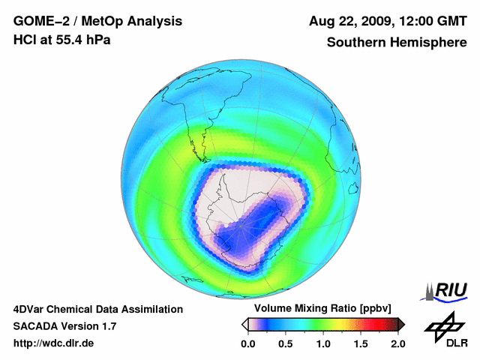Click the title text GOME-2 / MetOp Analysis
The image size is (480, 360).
(x=87, y=21)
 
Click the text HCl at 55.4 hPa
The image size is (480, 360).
(x=61, y=39)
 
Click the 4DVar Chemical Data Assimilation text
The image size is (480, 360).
(x=98, y=309)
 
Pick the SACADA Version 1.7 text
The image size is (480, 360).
(x=64, y=326)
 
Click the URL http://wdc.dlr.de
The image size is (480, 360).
(x=54, y=343)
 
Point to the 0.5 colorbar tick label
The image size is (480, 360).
(x=285, y=343)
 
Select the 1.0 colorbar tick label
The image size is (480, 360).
(x=322, y=343)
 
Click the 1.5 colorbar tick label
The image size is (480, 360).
(x=360, y=343)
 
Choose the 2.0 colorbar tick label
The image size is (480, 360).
(x=397, y=343)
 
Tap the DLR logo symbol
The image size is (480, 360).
(x=444, y=325)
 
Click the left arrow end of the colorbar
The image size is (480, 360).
(x=244, y=324)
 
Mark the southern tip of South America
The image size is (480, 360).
(x=203, y=159)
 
